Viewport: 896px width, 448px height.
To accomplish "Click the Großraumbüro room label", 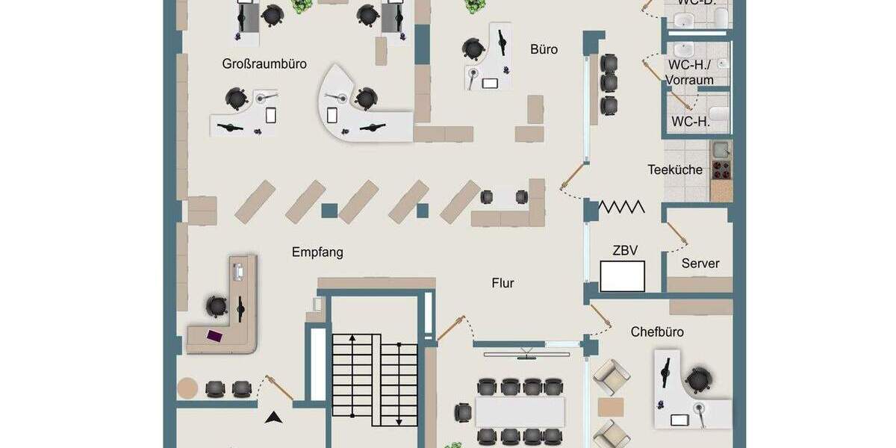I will tap(264, 64).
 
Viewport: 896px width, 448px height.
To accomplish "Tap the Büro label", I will tap(544, 50).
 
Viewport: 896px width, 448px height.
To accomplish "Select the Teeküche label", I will tap(675, 169).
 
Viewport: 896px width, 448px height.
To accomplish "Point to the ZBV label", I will tap(625, 251).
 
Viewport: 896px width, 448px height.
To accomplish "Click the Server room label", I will tap(700, 264).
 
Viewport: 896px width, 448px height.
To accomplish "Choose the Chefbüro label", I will tap(657, 332).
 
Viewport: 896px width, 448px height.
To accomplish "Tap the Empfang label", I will tap(317, 252).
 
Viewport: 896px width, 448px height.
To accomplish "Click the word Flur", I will tap(503, 283).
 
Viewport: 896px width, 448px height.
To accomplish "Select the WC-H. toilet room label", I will tap(691, 122).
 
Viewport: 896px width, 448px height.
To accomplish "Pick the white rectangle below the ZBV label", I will tap(623, 277).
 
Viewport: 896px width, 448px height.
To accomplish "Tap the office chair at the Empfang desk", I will tap(217, 305).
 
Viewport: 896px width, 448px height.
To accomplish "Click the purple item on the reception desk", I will tap(214, 335).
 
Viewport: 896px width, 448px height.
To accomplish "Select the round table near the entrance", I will tap(188, 388).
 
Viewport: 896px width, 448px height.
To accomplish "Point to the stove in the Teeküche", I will tap(721, 169).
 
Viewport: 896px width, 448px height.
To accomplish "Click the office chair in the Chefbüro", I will tap(698, 380).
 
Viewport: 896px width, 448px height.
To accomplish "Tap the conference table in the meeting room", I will tap(520, 411).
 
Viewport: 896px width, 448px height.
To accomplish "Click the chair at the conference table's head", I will tap(464, 411).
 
